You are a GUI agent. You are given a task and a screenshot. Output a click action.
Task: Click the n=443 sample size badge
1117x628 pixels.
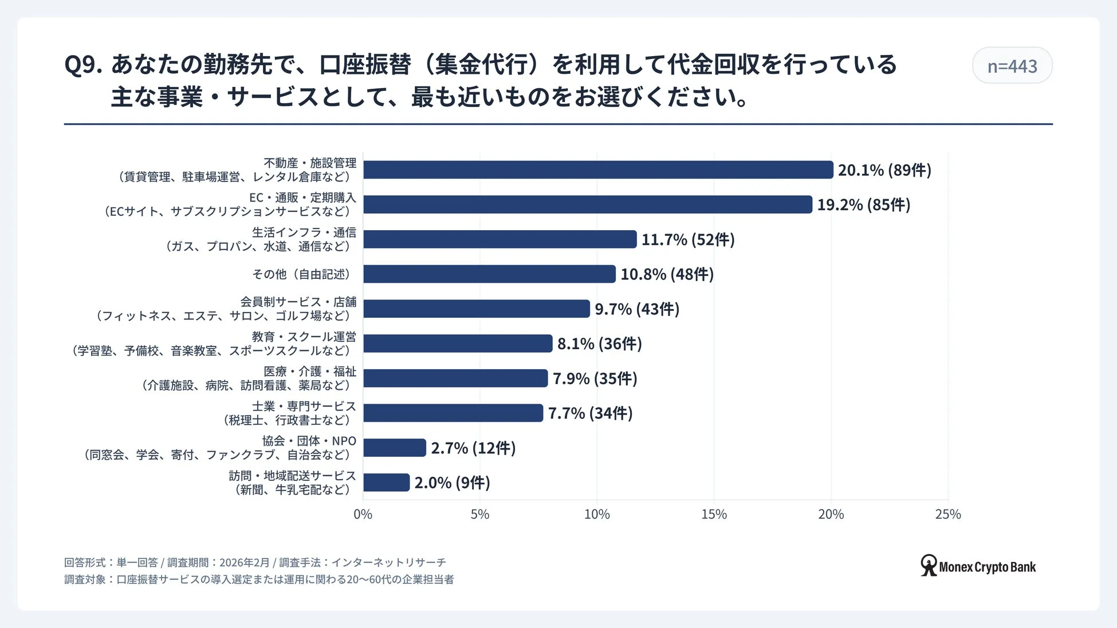(x=1012, y=66)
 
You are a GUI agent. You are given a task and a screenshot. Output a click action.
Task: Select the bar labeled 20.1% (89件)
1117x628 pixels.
(x=597, y=170)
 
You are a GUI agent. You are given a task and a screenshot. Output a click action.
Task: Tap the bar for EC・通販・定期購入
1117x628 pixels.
(x=587, y=204)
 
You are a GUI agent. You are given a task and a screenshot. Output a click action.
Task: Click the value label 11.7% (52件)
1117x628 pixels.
(x=687, y=239)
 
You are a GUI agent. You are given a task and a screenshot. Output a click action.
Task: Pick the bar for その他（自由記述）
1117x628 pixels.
(x=489, y=274)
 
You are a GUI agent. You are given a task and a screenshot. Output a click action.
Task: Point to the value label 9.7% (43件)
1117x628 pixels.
(x=636, y=309)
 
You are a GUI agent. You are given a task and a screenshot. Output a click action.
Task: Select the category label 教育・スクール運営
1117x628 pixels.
(x=304, y=337)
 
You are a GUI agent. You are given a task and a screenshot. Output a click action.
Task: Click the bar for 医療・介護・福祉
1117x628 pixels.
(x=455, y=378)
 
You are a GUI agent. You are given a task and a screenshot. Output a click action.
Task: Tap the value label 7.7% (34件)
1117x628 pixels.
(x=590, y=413)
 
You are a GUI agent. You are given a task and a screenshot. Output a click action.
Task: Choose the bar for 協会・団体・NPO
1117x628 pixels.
(x=395, y=448)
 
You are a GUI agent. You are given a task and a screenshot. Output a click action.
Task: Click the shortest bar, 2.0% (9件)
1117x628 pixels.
(x=386, y=483)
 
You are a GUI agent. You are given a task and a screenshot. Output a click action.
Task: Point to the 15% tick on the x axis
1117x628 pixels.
(x=714, y=514)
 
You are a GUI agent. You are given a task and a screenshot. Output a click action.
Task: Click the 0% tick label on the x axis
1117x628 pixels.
(x=363, y=514)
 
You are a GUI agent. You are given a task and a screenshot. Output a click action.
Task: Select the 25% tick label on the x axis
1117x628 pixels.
(x=947, y=514)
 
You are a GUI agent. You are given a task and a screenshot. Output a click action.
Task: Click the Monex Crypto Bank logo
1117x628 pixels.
(x=978, y=566)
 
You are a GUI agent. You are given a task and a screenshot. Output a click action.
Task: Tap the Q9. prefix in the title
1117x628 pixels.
(x=83, y=65)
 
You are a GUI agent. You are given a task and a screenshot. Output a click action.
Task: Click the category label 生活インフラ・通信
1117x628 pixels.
(x=304, y=232)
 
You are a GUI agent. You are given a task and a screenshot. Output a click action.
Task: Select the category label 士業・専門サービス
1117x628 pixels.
(x=304, y=406)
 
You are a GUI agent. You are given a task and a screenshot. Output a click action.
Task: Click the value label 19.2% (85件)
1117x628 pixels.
(x=863, y=204)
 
